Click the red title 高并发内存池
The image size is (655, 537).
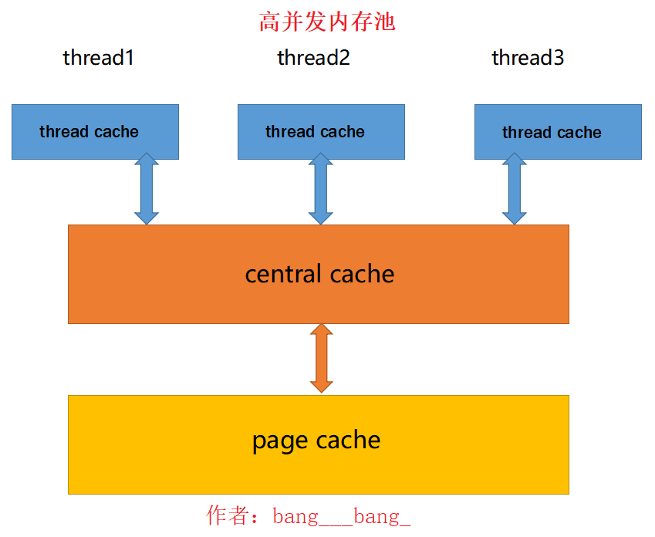coord(327,22)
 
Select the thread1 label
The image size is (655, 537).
coord(98,58)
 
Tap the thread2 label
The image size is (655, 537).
coord(313,58)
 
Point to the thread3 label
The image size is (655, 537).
coord(528,58)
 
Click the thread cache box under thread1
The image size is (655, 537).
coord(95,132)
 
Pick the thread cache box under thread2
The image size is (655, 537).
coord(321,132)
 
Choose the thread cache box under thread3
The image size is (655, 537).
coord(558,133)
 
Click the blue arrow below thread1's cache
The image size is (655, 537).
coord(147,189)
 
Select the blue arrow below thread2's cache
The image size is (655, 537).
coord(321,189)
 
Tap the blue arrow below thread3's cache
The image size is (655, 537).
coord(514,189)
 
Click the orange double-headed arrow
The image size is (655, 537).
coord(321,358)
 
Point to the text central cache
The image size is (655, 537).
coord(319,274)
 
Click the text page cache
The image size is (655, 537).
coord(316,441)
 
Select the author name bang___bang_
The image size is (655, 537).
coord(341,516)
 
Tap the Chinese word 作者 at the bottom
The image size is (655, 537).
coord(228,516)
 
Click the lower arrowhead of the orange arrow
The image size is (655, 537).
coord(321,384)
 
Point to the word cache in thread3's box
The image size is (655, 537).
coord(579,133)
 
